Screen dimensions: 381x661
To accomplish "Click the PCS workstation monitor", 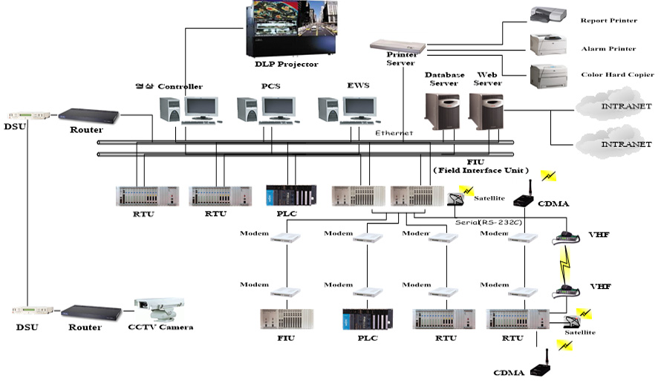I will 279,108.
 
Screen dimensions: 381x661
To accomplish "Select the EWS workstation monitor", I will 359,108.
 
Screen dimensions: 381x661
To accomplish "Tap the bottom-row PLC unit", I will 366,319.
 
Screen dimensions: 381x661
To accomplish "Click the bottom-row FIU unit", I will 285,319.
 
